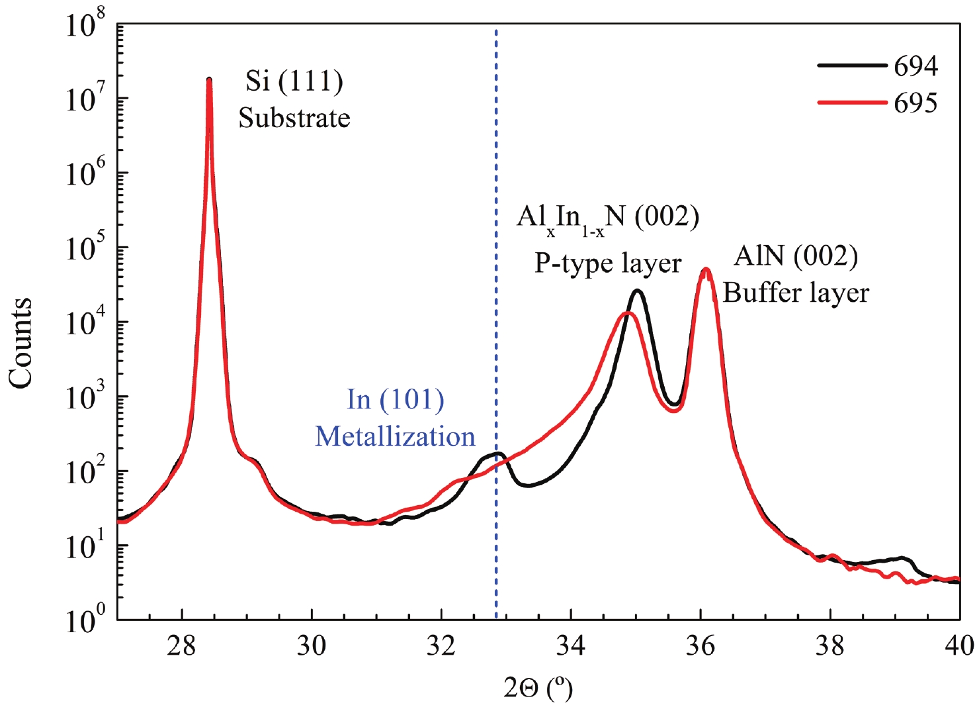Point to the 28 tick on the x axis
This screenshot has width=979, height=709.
pos(182,646)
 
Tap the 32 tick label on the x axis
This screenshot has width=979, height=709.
pos(441,646)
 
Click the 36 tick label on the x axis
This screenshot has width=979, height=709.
pos(701,646)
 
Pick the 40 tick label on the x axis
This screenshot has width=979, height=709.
pos(959,646)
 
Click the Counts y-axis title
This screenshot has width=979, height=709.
pos(21,342)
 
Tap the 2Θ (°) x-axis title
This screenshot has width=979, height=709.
pos(538,688)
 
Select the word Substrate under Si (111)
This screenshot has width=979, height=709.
pos(294,118)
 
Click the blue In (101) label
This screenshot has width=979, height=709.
pos(396,400)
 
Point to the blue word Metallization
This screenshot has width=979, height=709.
pos(395,437)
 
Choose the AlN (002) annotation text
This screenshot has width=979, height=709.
pos(796,256)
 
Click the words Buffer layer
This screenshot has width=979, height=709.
pos(796,293)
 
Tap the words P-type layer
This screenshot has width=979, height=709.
pos(608,264)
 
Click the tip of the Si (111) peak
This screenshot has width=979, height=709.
pos(210,79)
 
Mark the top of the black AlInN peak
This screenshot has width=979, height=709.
pos(638,290)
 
